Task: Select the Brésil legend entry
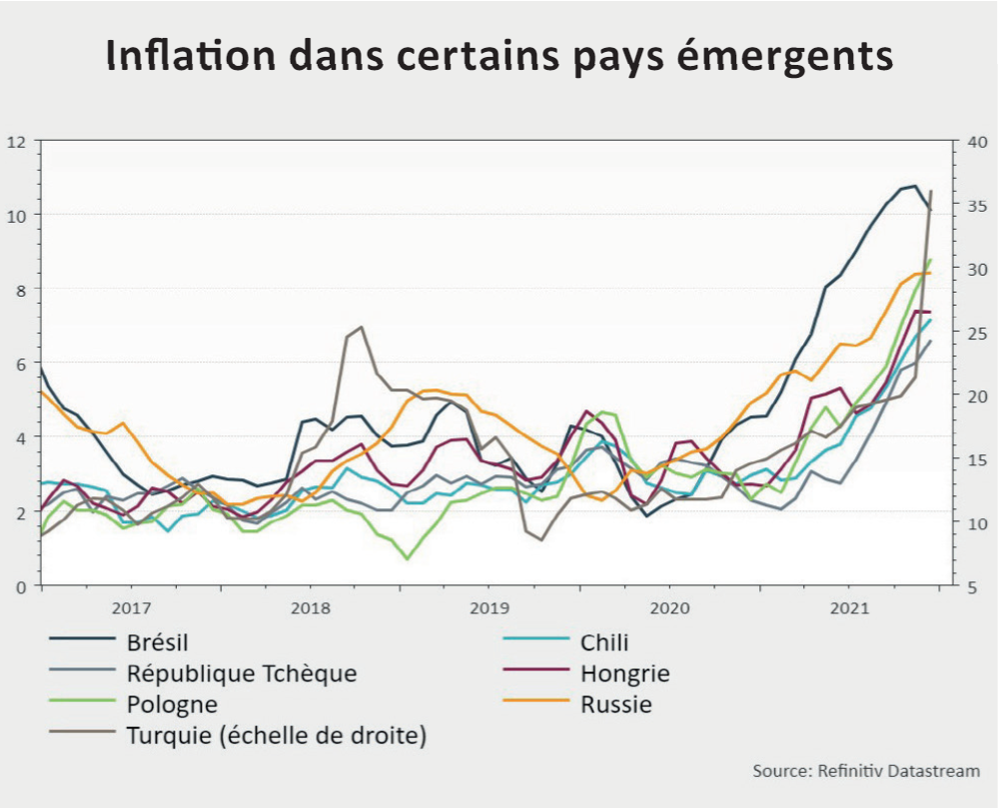[x=158, y=642]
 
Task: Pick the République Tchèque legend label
[x=241, y=673]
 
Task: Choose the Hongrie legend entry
[x=624, y=673]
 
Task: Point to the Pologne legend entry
[x=172, y=704]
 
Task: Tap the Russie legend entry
[x=615, y=704]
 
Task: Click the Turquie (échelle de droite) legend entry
[x=277, y=736]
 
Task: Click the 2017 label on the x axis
[x=131, y=607]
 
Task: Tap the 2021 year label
[x=848, y=607]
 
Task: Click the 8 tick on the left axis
[x=19, y=289]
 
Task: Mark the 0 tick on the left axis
[x=19, y=585]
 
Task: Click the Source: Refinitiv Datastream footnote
[x=866, y=771]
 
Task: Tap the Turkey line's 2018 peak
[x=361, y=327]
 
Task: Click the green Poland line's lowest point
[x=407, y=558]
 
